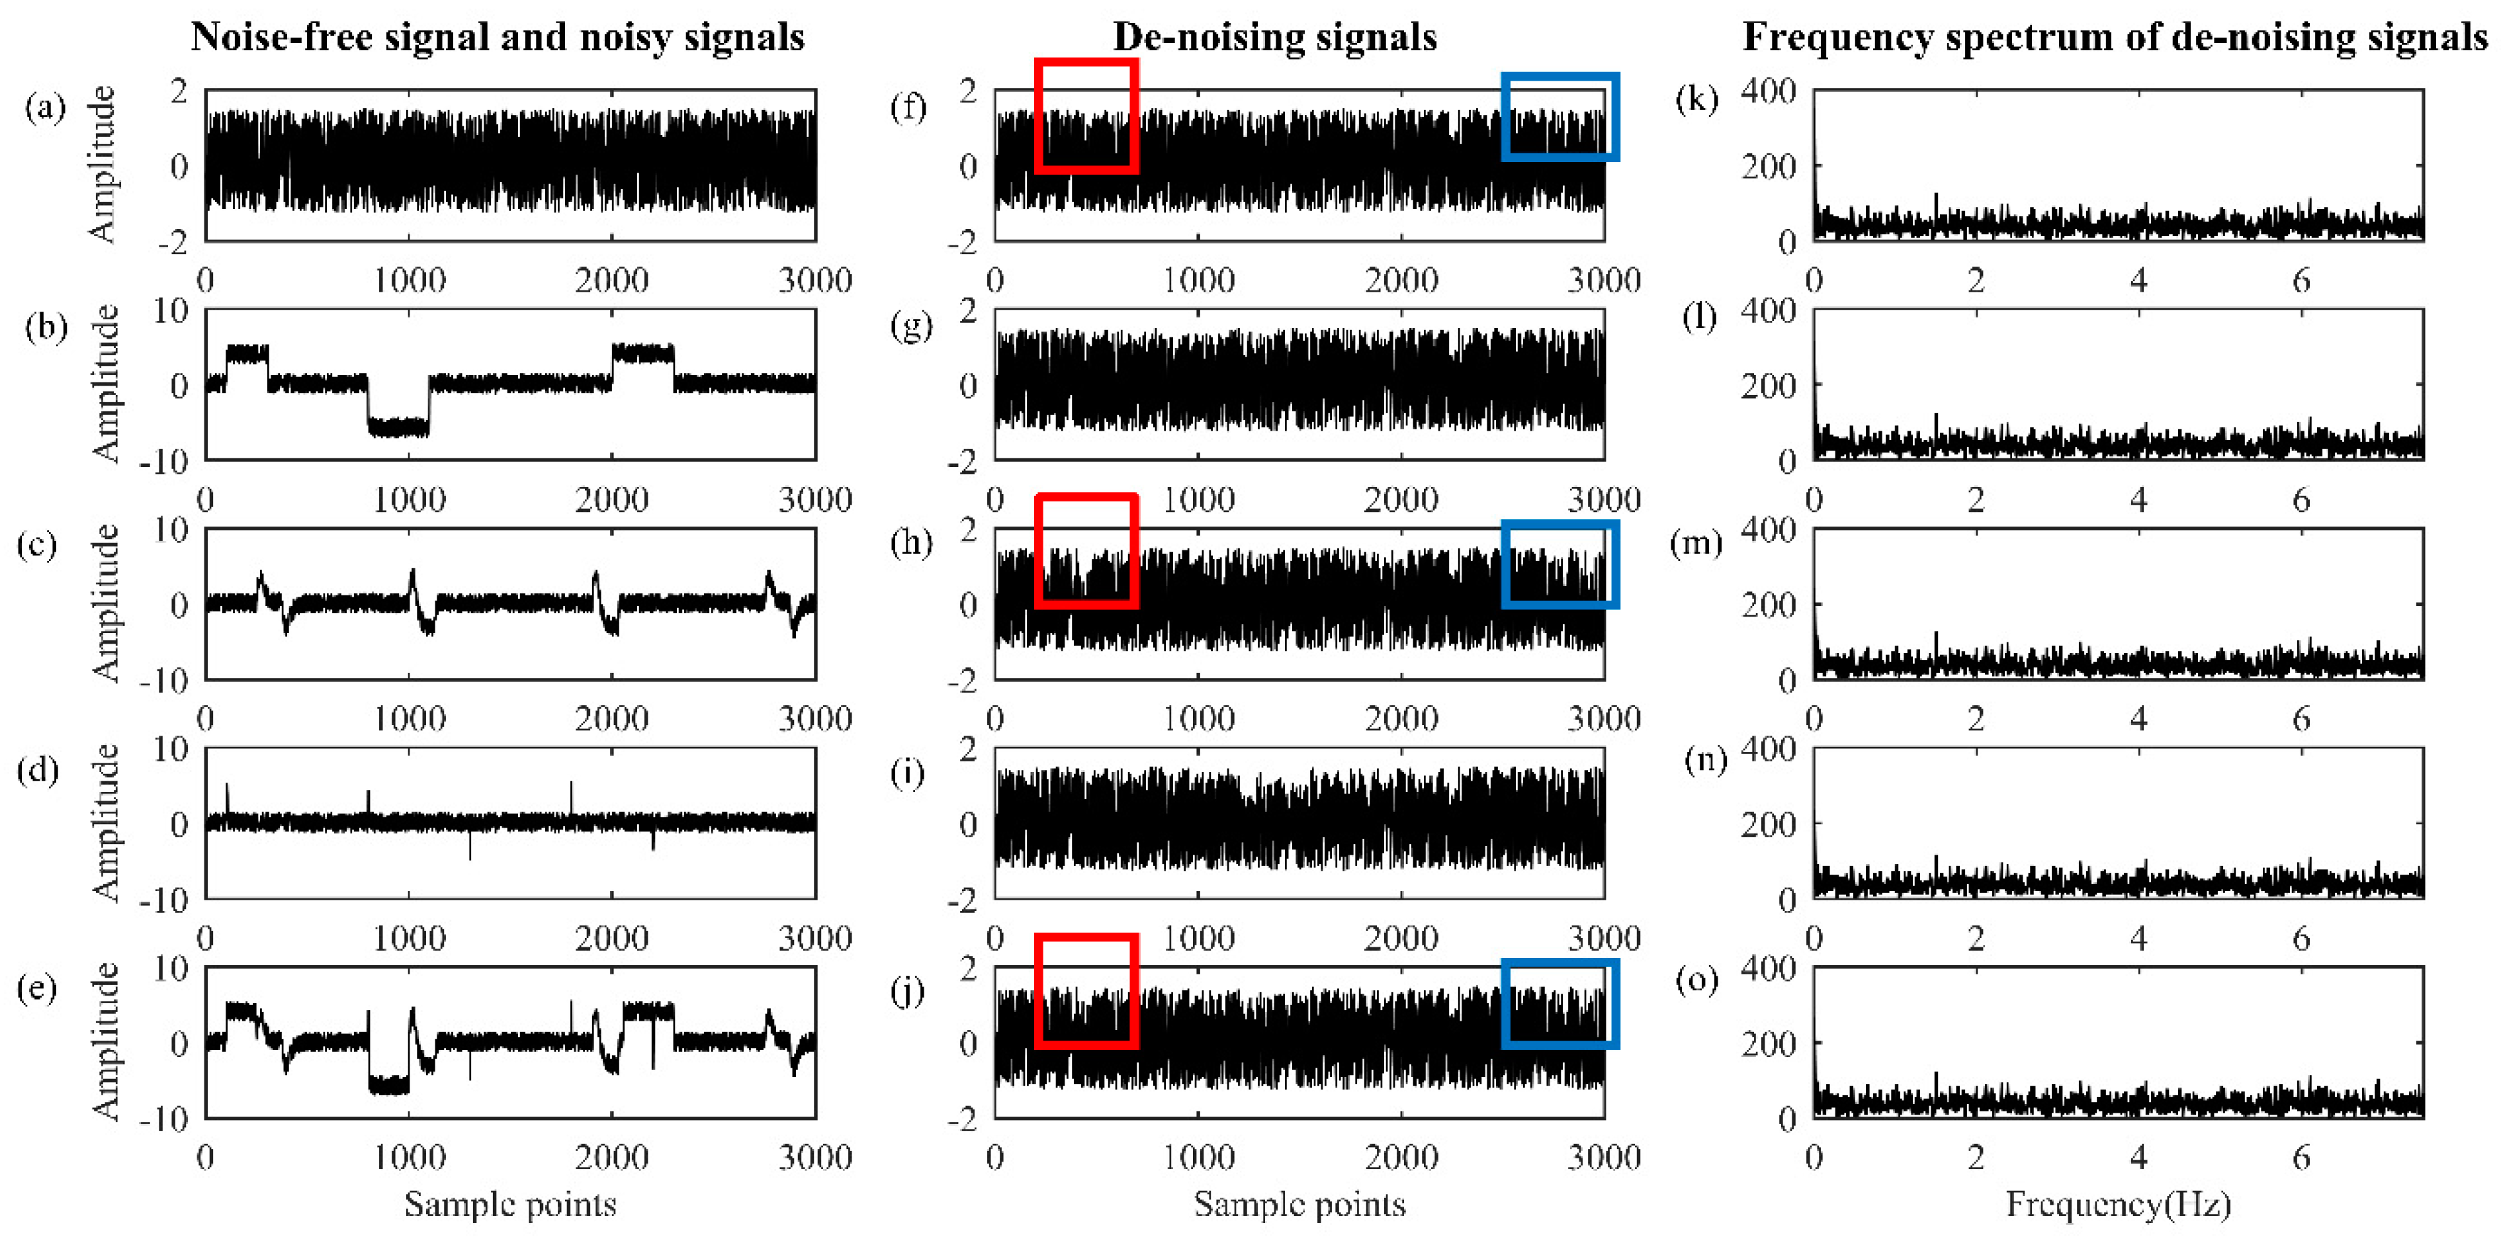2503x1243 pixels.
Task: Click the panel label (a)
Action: click(45, 106)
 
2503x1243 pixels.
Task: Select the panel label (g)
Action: click(910, 325)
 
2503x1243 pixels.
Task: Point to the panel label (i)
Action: click(908, 773)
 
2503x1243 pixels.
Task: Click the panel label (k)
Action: click(1696, 99)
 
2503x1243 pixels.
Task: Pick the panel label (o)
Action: click(1696, 980)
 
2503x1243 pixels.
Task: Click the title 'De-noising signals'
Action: click(1274, 37)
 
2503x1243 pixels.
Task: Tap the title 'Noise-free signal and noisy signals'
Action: click(498, 37)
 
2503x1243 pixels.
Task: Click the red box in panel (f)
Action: click(1085, 116)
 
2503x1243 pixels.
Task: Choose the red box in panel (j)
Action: click(1085, 991)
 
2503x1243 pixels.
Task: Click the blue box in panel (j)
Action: click(1559, 1004)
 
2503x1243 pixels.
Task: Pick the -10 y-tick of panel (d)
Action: click(164, 900)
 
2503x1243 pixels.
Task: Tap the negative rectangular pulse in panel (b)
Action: click(398, 424)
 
